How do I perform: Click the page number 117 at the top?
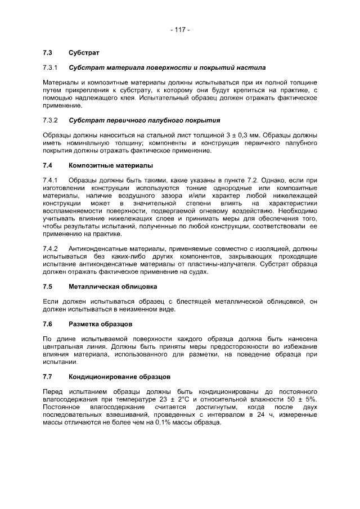180,30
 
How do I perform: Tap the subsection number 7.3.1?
51,68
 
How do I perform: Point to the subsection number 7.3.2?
51,120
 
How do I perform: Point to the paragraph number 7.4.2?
51,249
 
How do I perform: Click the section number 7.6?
48,325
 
